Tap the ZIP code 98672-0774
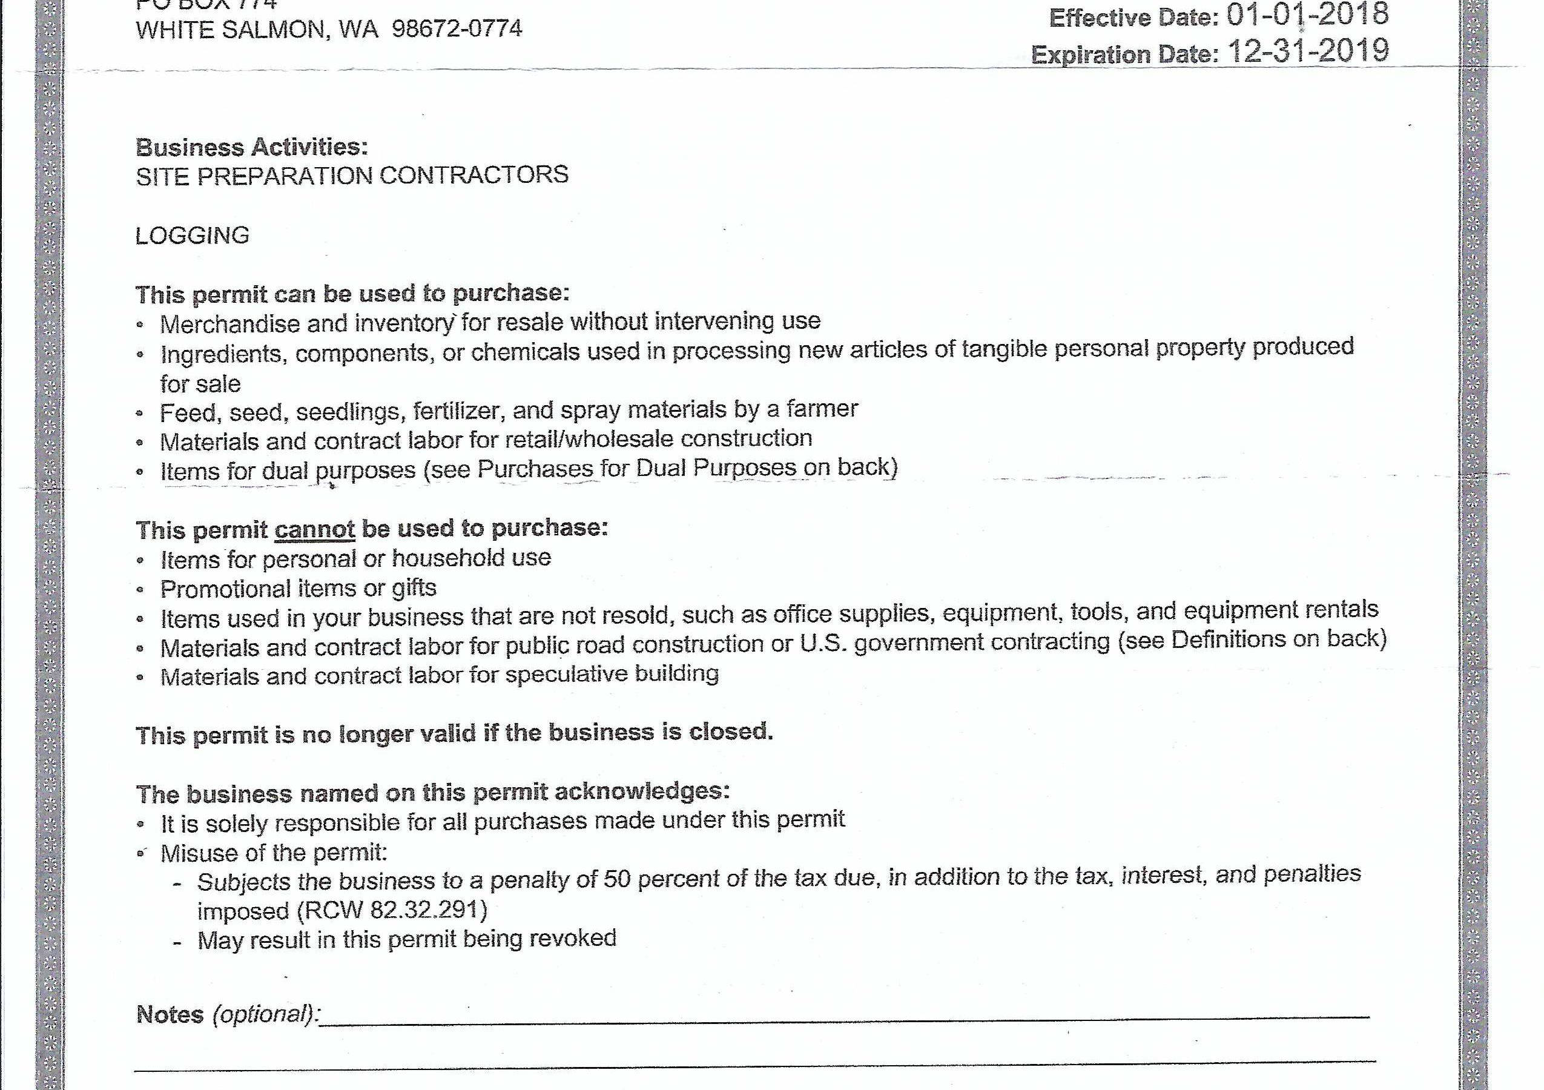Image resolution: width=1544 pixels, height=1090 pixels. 457,29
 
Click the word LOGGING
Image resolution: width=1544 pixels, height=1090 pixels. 193,236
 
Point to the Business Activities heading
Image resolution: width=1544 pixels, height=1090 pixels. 251,147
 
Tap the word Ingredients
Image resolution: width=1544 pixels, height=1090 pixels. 223,354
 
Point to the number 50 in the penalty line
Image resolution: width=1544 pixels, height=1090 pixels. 616,879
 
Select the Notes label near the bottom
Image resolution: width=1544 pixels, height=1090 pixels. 170,1014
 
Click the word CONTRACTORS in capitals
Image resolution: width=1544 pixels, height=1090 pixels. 474,175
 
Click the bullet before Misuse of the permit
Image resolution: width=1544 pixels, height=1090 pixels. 140,853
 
